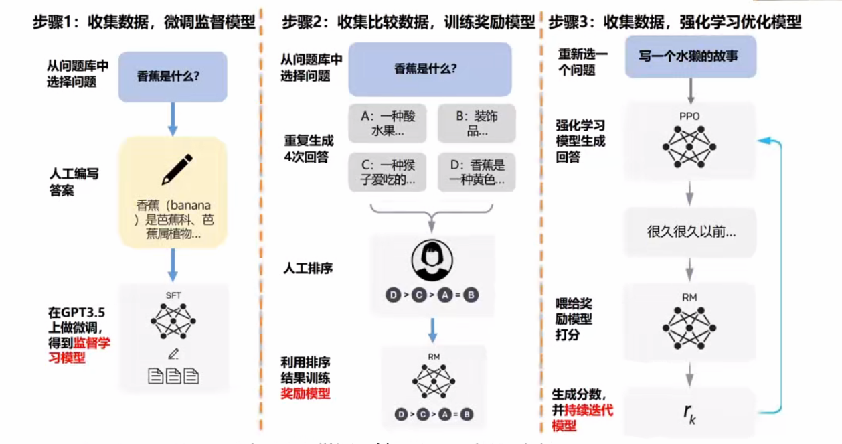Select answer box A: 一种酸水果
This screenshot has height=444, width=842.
388,123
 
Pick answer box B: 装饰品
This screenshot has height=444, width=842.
477,123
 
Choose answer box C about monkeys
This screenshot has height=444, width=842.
388,172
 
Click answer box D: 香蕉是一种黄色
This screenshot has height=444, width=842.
477,172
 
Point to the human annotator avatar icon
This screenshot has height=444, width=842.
432,261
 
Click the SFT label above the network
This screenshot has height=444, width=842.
173,295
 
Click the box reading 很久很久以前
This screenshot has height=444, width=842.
690,232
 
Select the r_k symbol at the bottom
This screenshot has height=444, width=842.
690,412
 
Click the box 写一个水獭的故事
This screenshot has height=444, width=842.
691,56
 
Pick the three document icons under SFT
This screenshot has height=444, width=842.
173,376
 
